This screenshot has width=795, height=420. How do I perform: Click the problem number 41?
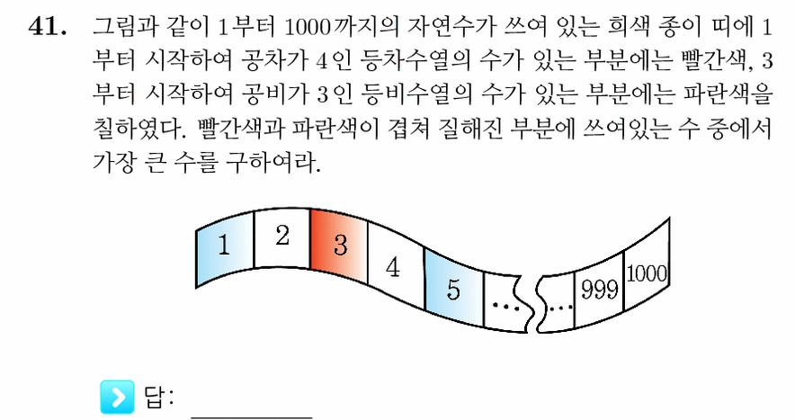pyautogui.click(x=48, y=27)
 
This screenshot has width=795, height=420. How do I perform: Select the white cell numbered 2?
pyautogui.click(x=281, y=238)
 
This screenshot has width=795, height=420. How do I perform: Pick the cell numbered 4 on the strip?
pyautogui.click(x=396, y=265)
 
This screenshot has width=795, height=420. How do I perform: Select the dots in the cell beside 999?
pyautogui.click(x=561, y=307)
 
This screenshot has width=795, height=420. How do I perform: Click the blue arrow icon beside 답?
pyautogui.click(x=117, y=397)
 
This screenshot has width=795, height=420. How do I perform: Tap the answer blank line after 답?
pyautogui.click(x=252, y=417)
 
